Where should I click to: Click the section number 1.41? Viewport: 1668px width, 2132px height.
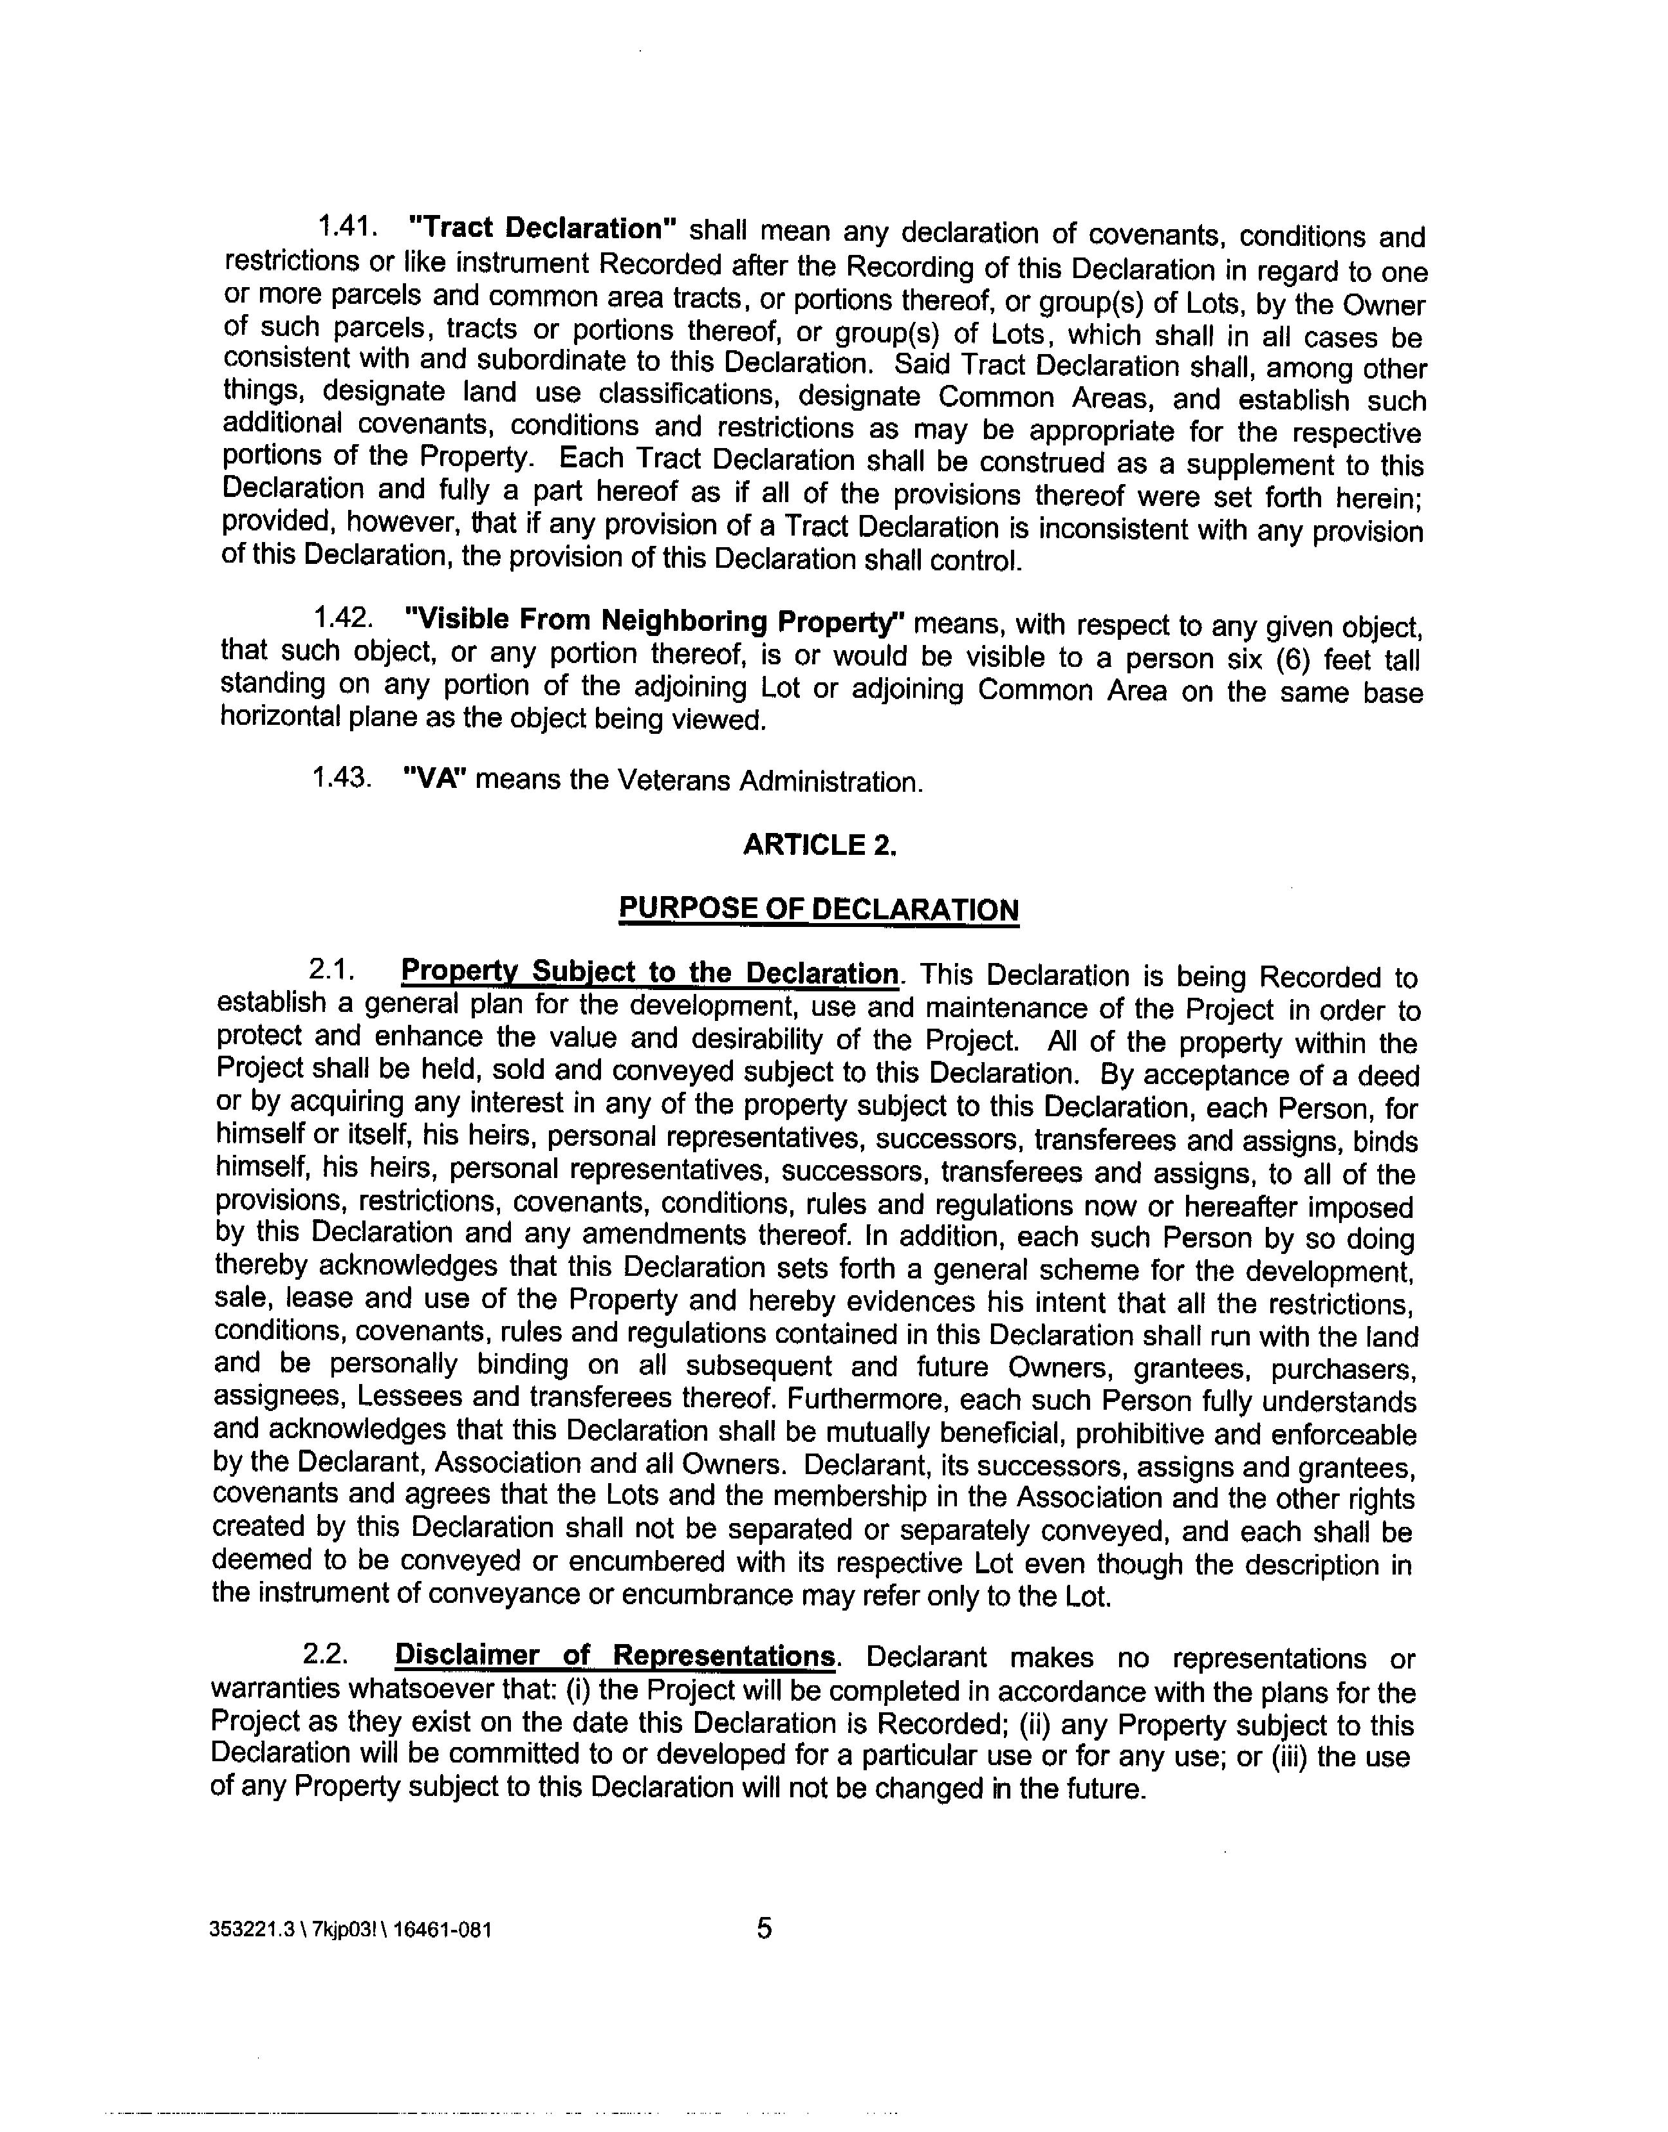[347, 227]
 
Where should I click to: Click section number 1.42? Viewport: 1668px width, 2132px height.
[342, 618]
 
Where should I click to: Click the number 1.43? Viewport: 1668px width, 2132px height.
[341, 778]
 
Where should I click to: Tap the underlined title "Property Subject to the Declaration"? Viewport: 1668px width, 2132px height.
[649, 973]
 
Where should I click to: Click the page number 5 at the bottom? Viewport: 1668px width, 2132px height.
[764, 1929]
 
